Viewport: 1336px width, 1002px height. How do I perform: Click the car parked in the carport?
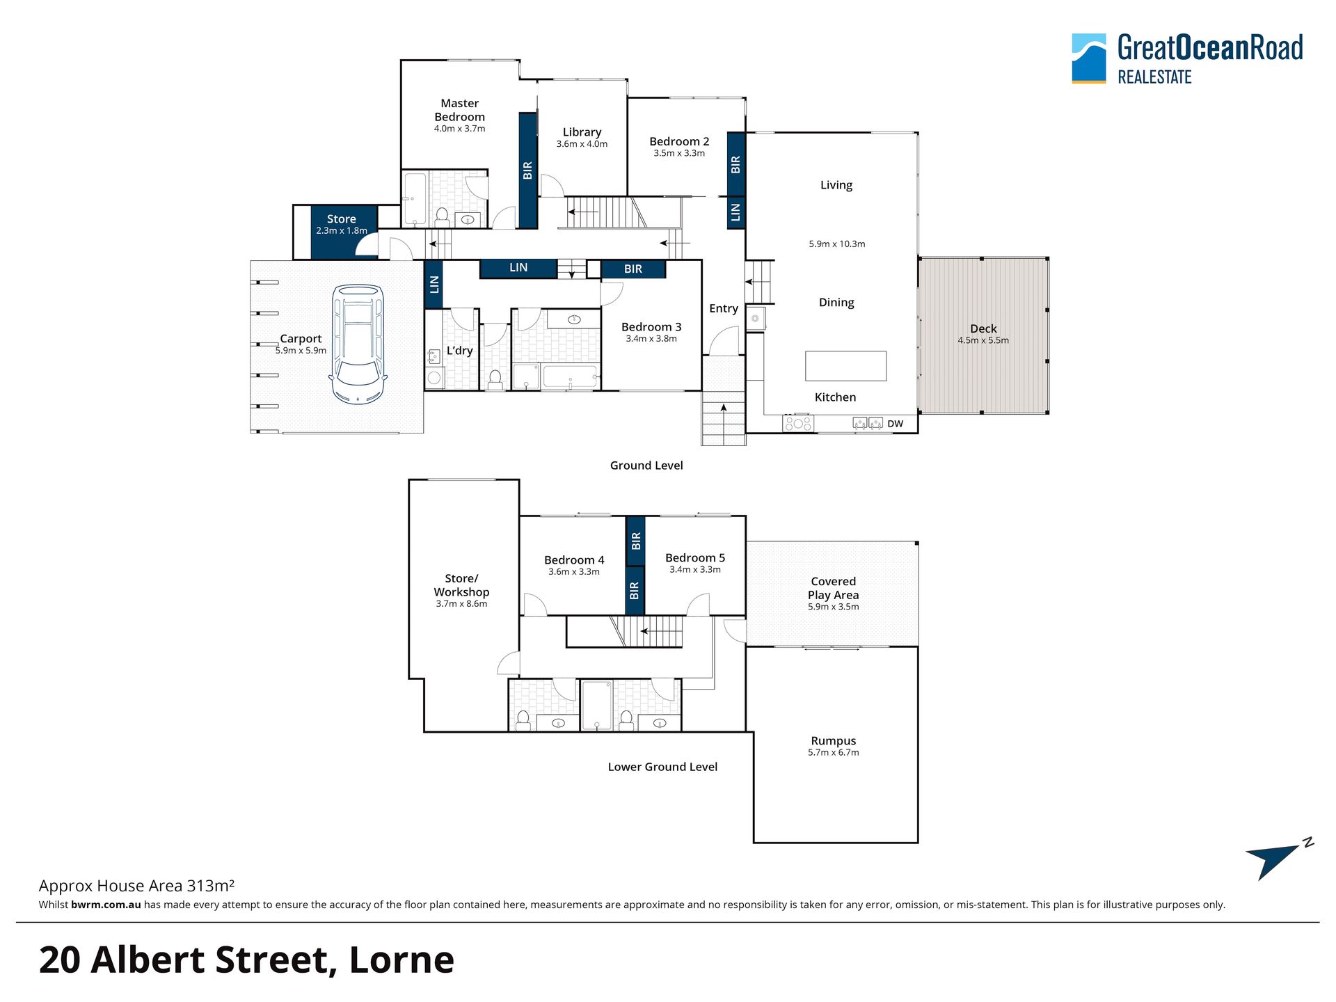(x=358, y=344)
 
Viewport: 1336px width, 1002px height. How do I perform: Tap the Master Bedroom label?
(x=459, y=110)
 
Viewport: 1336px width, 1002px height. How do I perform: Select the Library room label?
(x=582, y=132)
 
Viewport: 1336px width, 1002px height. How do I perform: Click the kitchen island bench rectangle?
(x=845, y=366)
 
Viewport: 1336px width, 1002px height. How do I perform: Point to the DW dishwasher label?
(x=895, y=424)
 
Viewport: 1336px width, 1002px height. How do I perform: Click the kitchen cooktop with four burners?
(x=798, y=423)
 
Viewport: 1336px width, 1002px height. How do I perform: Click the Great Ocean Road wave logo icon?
(x=1089, y=58)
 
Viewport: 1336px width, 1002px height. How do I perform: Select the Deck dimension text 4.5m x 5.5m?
(x=983, y=340)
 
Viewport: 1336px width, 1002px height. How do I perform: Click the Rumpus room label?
(x=833, y=741)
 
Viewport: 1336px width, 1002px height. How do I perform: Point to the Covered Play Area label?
(x=833, y=588)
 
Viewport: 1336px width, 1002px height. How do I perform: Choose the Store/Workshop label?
(x=461, y=585)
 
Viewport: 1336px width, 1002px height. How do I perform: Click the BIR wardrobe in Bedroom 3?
(x=633, y=269)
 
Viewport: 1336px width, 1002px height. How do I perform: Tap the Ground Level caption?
(x=646, y=466)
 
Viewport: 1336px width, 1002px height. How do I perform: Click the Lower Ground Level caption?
(x=662, y=767)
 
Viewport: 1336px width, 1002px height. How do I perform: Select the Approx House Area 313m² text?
(x=136, y=886)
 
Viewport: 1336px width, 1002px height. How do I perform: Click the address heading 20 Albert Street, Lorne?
(x=246, y=960)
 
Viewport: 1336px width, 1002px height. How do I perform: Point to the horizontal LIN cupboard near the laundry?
(x=518, y=268)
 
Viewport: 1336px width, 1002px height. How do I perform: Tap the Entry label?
(x=724, y=309)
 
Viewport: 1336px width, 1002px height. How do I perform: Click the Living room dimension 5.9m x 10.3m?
(x=837, y=244)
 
